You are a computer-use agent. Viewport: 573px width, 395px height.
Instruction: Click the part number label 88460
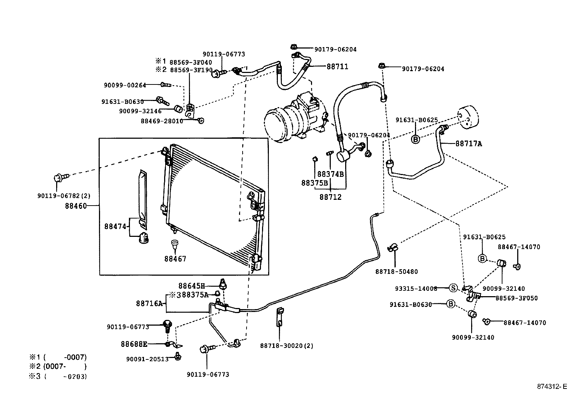point(76,206)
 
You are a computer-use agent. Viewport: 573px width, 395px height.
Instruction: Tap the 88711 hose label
point(337,67)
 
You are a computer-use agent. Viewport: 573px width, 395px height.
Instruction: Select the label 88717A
point(469,144)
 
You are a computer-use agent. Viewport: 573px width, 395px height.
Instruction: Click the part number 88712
point(330,197)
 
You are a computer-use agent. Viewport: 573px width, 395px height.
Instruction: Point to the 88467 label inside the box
point(175,259)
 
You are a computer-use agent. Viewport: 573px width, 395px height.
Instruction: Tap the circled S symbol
point(453,288)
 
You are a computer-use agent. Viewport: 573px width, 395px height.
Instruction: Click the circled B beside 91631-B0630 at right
point(451,304)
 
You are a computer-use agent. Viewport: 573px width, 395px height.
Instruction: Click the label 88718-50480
point(397,272)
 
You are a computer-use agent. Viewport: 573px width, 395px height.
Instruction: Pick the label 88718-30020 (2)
point(286,346)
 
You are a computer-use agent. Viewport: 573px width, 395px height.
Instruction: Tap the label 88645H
point(191,286)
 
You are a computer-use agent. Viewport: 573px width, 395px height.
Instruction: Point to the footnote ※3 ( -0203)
point(58,376)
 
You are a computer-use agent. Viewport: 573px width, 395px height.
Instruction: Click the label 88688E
point(134,344)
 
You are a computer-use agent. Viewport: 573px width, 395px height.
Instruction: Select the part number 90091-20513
point(147,359)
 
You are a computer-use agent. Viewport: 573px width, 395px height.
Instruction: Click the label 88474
point(115,226)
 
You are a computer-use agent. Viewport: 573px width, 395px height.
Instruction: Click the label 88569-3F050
point(517,298)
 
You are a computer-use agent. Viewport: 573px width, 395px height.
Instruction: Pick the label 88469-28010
point(162,121)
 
